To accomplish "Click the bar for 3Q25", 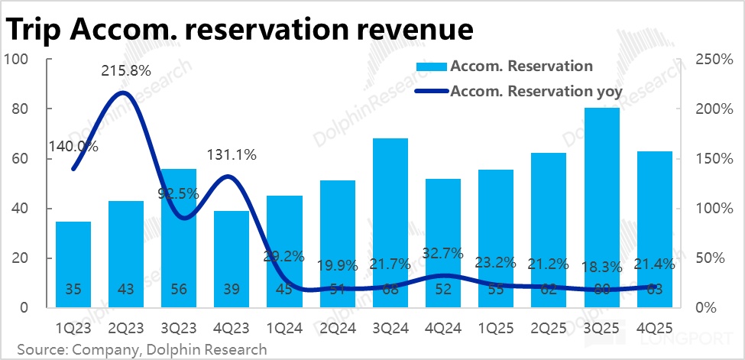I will pos(601,206).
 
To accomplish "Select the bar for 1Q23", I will pos(73,264).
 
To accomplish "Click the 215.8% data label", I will pos(126,70).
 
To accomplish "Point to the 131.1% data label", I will pos(232,155).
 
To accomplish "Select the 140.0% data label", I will pos(73,147).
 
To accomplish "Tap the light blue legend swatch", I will pos(432,66).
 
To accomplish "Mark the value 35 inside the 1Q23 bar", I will pos(73,289).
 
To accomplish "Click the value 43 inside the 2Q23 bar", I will pos(126,289).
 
